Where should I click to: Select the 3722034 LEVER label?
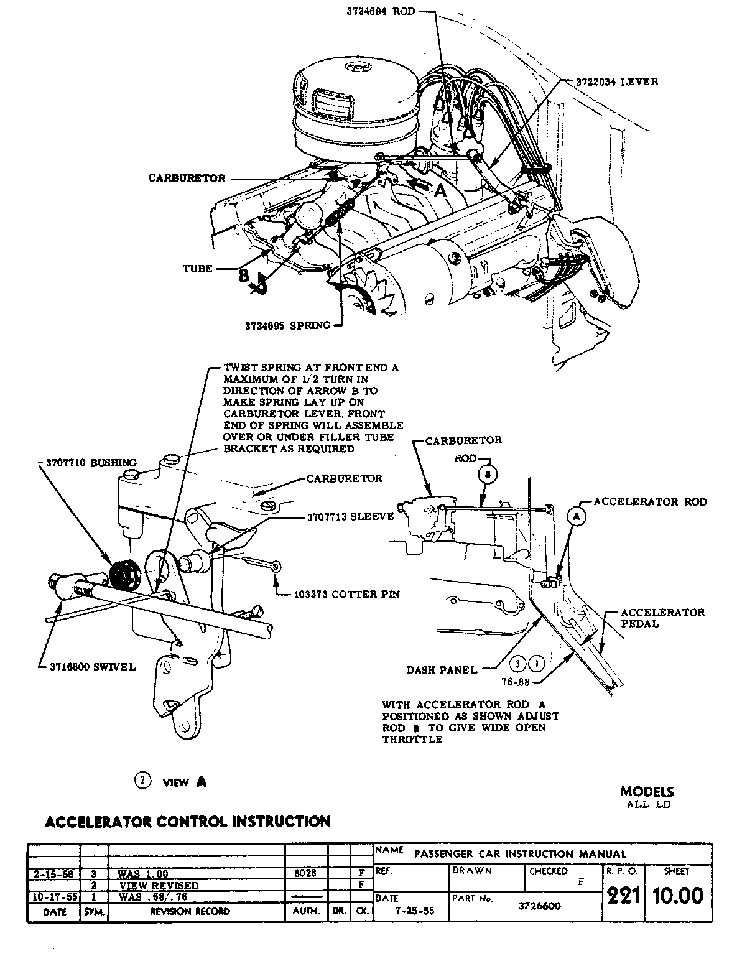coord(616,81)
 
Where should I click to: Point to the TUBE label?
coord(197,269)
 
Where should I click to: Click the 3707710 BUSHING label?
coord(91,463)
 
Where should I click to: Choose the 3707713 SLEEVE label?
coord(350,516)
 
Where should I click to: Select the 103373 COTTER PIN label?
coord(346,594)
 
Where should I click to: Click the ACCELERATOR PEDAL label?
coord(662,618)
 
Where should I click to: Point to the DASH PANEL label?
coord(442,670)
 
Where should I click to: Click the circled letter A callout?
coord(577,515)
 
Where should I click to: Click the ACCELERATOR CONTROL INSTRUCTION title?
coord(188,821)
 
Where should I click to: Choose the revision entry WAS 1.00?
coord(143,873)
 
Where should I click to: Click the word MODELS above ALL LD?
coord(647,792)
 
